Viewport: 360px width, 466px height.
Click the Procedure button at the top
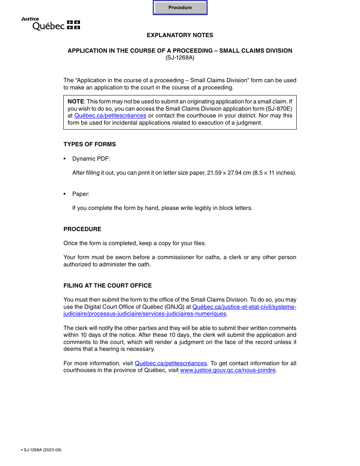pos(180,8)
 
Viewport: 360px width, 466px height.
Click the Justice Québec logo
pos(50,24)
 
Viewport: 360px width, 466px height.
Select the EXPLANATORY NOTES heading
pos(180,35)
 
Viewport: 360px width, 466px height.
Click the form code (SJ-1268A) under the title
pos(180,58)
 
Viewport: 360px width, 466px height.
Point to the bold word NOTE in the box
pos(76,102)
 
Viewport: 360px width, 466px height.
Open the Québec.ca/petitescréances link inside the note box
pos(110,116)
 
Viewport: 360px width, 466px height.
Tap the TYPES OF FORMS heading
pos(90,144)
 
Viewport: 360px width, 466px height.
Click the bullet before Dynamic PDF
pos(65,159)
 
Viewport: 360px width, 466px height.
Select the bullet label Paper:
pos(81,194)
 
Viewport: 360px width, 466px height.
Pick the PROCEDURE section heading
pos(82,229)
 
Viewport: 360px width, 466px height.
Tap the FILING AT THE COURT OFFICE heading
pos(108,286)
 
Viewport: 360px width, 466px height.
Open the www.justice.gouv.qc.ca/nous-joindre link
pos(228,370)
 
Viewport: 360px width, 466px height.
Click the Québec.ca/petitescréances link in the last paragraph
pos(171,363)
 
